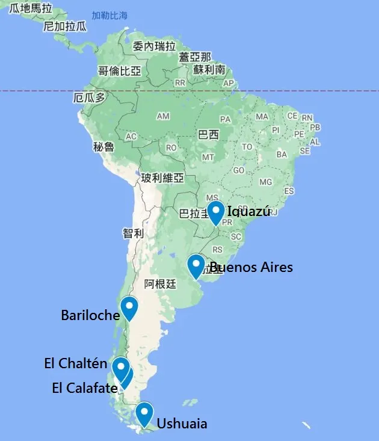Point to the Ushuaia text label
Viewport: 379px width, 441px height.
(x=182, y=424)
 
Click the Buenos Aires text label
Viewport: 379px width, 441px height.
(x=251, y=267)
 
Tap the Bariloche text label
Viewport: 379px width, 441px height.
(x=90, y=315)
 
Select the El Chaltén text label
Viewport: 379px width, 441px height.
(x=76, y=363)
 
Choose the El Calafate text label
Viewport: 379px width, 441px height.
(x=85, y=388)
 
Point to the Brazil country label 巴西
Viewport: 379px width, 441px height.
(x=208, y=134)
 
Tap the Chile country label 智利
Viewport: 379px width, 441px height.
(x=134, y=233)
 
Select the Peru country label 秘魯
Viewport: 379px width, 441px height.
(x=103, y=146)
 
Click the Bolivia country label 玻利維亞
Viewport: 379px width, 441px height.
(x=162, y=178)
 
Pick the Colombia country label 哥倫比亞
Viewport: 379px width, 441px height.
(x=120, y=71)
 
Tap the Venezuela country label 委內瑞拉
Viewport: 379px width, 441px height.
(x=155, y=46)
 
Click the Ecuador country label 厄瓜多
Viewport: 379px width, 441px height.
(x=89, y=97)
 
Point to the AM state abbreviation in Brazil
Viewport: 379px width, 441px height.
(x=162, y=116)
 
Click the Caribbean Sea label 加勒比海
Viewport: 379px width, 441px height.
(x=109, y=16)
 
